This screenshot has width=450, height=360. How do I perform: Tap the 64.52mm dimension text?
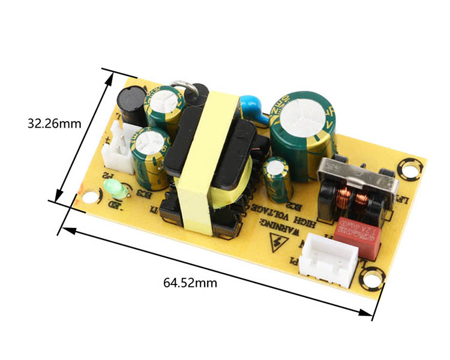pos(190,283)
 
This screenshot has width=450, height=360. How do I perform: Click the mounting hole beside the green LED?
pos(91,196)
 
